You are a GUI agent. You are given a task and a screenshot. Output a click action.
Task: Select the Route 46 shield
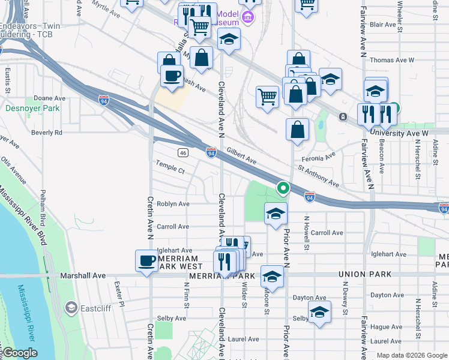pyautogui.click(x=183, y=153)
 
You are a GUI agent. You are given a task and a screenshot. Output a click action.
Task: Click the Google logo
pyautogui.click(x=19, y=353)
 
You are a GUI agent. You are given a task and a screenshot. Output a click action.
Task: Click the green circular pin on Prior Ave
pyautogui.click(x=283, y=188)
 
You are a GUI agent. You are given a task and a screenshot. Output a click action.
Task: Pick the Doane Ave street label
pyautogui.click(x=49, y=98)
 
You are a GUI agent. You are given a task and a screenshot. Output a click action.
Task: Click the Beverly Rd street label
pyautogui.click(x=47, y=133)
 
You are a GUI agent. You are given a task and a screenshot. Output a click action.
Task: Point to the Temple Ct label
pyautogui.click(x=170, y=166)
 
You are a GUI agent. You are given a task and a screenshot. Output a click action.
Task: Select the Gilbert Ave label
pyautogui.click(x=242, y=158)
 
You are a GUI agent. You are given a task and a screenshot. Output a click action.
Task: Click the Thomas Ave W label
pyautogui.click(x=392, y=60)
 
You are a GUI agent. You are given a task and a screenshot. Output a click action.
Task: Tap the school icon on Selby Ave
pyautogui.click(x=319, y=312)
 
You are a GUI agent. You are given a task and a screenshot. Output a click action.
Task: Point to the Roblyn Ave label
pyautogui.click(x=173, y=204)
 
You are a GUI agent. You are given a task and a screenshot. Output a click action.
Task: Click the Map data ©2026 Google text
pyautogui.click(x=411, y=355)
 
